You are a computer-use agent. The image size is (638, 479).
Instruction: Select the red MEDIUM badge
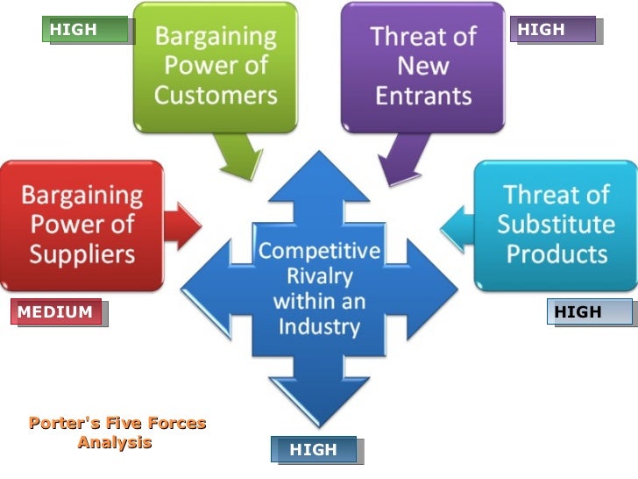56,312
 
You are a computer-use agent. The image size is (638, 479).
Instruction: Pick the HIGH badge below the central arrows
314,450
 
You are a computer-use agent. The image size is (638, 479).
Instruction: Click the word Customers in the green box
216,95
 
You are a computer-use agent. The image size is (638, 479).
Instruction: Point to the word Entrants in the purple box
423,95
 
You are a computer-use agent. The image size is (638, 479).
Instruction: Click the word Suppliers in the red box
82,254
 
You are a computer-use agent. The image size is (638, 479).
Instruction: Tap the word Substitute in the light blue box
556,224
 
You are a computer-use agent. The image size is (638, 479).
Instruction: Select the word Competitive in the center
319,252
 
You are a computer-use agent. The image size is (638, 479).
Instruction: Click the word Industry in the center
319,327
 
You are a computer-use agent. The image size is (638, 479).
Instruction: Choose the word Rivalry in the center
319,277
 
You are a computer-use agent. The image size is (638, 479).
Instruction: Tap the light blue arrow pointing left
456,227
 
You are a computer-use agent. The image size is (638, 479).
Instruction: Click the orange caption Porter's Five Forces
117,423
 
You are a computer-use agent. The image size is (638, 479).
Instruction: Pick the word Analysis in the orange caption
115,442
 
